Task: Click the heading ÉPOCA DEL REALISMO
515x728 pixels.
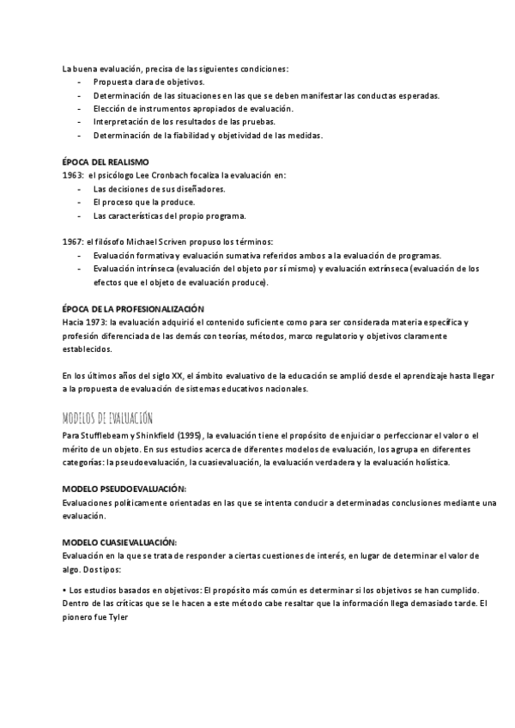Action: tap(106, 162)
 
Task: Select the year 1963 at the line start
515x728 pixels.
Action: tap(72, 175)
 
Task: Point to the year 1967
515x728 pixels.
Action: tap(72, 242)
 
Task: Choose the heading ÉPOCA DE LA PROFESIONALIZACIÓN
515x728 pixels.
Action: tap(132, 308)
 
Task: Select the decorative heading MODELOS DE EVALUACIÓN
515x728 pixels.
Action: tap(107, 418)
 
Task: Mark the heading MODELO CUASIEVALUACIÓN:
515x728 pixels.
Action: tap(119, 542)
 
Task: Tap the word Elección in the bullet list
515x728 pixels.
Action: tap(109, 109)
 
